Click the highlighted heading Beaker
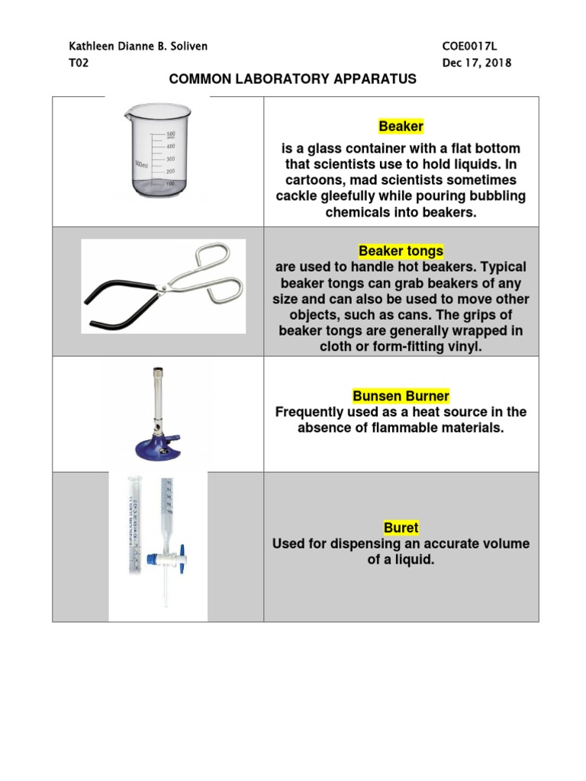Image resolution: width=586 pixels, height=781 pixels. (x=401, y=127)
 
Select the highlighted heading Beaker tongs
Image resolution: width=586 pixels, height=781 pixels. (x=401, y=251)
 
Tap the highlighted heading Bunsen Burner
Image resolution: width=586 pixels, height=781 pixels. (x=401, y=396)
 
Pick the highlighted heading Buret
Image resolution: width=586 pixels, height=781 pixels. (x=401, y=528)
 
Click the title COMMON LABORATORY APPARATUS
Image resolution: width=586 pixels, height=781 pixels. (x=292, y=79)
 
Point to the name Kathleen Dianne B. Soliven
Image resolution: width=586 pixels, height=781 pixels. (x=138, y=47)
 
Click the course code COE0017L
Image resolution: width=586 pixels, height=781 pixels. (x=469, y=47)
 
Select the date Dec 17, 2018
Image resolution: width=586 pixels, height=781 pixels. (x=477, y=63)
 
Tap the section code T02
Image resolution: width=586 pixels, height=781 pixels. (x=79, y=63)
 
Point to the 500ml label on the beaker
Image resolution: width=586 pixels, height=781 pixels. (x=141, y=164)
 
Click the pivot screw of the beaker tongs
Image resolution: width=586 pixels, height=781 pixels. (x=163, y=286)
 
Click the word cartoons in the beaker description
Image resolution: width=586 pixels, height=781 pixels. (x=309, y=180)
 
